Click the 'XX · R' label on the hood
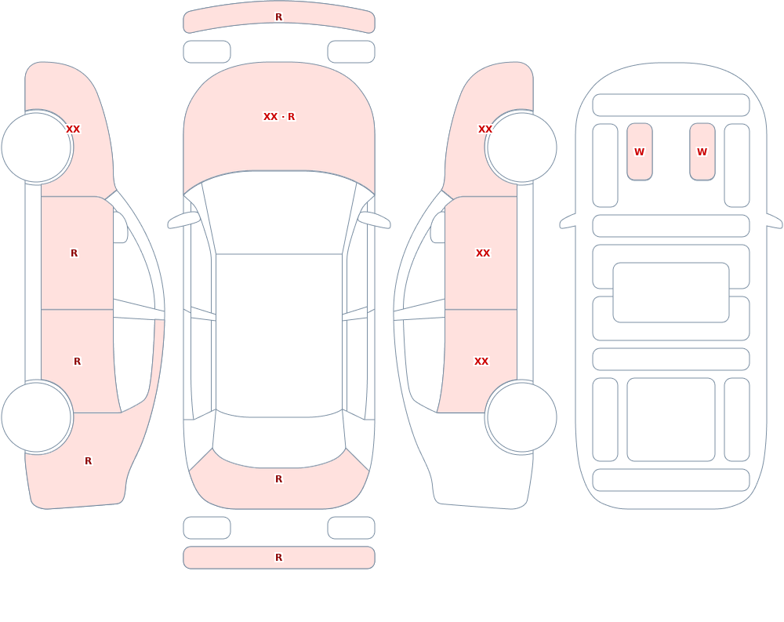click(279, 117)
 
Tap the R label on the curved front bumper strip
click(279, 17)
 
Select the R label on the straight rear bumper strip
click(279, 558)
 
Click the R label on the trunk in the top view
click(279, 479)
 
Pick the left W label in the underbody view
click(640, 151)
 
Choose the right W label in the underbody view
click(702, 151)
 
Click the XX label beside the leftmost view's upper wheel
click(73, 129)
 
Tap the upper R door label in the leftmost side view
click(74, 253)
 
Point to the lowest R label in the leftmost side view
click(88, 461)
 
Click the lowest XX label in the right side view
click(481, 362)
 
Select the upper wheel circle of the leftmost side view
click(36, 147)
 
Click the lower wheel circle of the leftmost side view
click(36, 417)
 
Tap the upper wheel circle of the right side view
click(522, 147)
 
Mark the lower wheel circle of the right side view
click(522, 417)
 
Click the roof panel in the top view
click(279, 335)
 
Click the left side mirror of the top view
click(183, 220)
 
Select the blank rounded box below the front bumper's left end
click(207, 52)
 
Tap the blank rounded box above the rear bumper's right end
click(351, 528)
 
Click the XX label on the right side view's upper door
click(483, 253)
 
